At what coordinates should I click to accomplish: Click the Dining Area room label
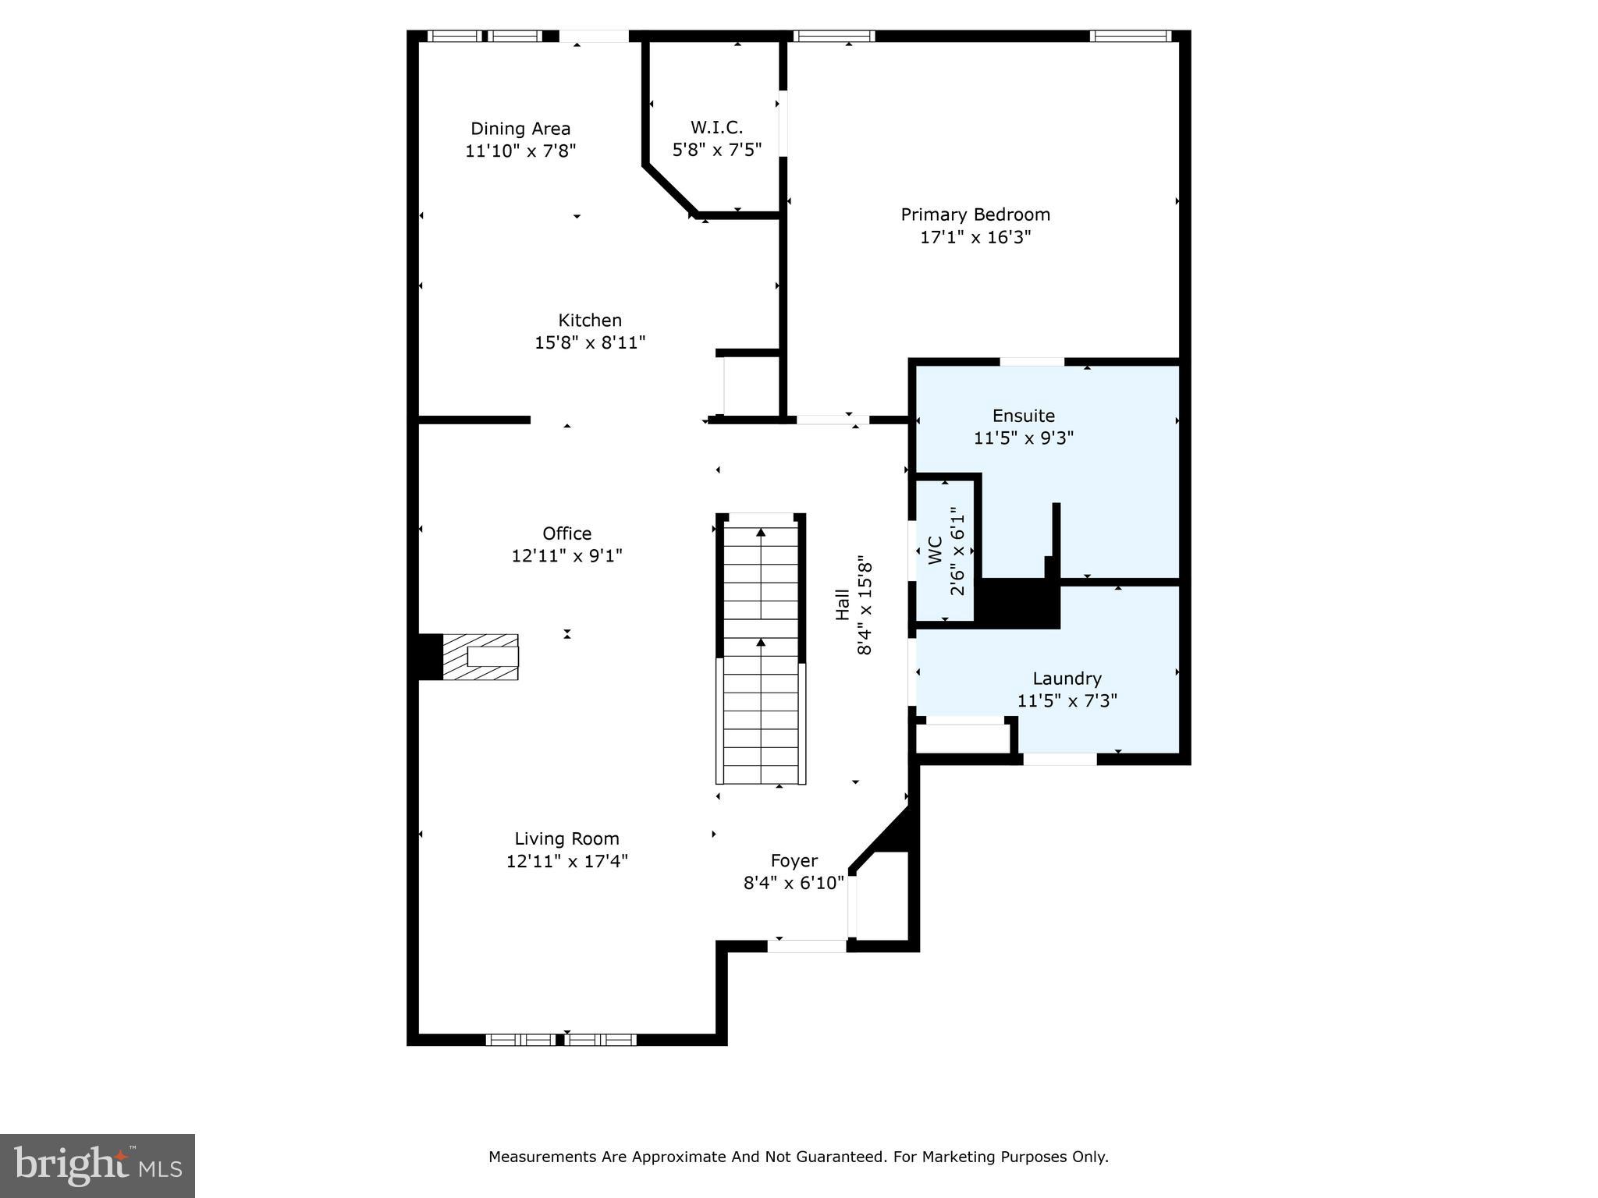(520, 129)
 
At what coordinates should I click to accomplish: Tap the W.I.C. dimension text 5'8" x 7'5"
(716, 149)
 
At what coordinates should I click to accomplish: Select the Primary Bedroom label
(975, 214)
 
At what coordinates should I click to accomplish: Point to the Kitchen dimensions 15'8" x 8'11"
(590, 342)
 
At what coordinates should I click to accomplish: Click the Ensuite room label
(1023, 416)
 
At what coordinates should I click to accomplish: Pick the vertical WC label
(936, 551)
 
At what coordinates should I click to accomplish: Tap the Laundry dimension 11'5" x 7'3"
(1067, 700)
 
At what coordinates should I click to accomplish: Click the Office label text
(566, 533)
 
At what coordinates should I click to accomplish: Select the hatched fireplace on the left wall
(480, 657)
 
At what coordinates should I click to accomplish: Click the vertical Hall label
(843, 604)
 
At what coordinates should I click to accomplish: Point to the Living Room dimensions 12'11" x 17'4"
(566, 861)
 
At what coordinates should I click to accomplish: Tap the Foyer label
(794, 860)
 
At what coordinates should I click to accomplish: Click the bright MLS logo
(98, 1165)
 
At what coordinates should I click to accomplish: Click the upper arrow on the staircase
(761, 533)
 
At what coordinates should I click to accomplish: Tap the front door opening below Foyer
(807, 946)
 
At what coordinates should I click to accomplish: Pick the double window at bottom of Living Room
(560, 1040)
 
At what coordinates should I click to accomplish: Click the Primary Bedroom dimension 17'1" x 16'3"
(975, 237)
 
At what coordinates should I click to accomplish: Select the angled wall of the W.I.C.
(669, 189)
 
